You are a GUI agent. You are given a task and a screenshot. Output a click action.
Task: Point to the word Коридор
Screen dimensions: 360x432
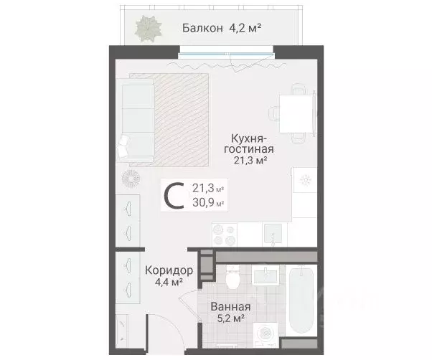169,271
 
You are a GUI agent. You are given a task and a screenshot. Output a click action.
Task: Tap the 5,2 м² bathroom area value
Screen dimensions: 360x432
229,319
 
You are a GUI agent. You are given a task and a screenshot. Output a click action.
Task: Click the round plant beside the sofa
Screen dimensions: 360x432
131,177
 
